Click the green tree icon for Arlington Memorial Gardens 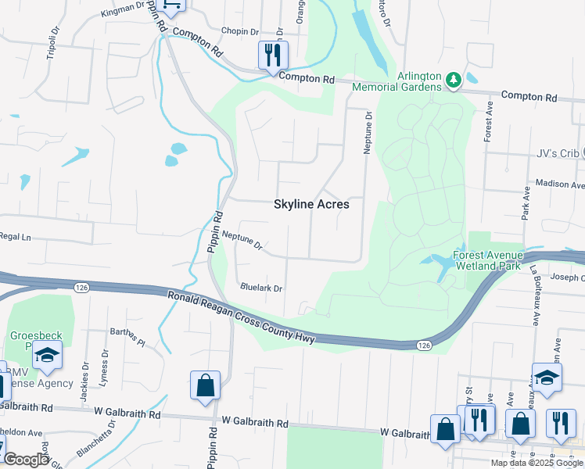coord(453,80)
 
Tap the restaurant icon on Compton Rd coord(273,55)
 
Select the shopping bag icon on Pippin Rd coord(205,386)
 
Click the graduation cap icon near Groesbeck coord(47,356)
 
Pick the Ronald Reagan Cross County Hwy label coord(240,317)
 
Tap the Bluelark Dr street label coord(261,288)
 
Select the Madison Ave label coord(559,185)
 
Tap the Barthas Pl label coord(127,336)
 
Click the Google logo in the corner coord(26,460)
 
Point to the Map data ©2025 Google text coord(537,463)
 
